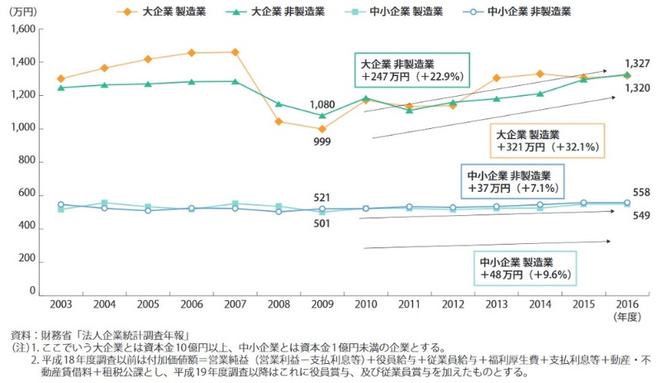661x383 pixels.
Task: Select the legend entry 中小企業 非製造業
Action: click(x=529, y=12)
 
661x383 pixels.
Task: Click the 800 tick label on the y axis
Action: click(x=27, y=161)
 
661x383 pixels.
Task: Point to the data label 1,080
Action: click(x=322, y=104)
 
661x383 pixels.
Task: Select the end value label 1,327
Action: click(x=636, y=63)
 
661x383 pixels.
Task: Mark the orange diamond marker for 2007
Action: click(x=235, y=52)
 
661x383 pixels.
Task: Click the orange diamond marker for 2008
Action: click(x=278, y=122)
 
